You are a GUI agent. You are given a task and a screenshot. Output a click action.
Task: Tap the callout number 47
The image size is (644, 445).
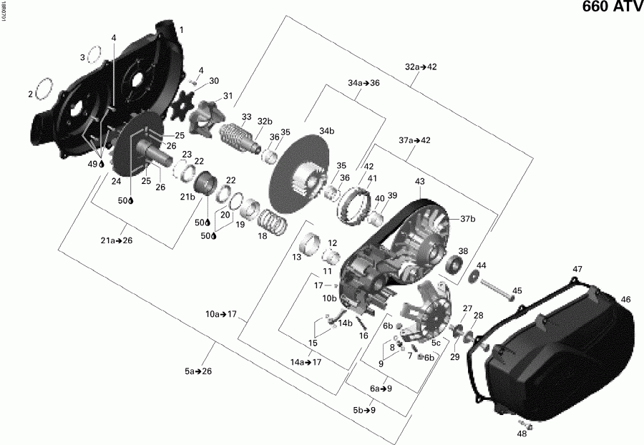577,269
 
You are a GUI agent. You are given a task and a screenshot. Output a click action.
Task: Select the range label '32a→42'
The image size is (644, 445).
421,67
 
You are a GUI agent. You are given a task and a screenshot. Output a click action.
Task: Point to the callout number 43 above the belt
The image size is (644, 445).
419,182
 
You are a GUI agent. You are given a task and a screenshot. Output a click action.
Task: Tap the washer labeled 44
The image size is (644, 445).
474,278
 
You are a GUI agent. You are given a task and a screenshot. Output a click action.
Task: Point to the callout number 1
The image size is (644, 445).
181,30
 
